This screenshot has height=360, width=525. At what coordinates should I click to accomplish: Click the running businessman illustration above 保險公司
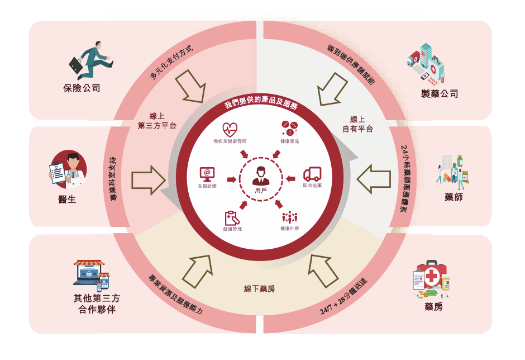tap(90, 60)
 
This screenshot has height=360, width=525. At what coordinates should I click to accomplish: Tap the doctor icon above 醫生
tap(68, 169)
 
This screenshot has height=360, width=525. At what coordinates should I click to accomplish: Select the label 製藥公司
tap(440, 93)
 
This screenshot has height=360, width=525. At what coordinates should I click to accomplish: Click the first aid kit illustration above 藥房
tap(431, 279)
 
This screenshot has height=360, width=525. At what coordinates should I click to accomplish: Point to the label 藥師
tap(454, 197)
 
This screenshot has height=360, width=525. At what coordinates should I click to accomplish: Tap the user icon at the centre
tap(261, 176)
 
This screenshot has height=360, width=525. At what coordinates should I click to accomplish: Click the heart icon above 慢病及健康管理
tap(230, 130)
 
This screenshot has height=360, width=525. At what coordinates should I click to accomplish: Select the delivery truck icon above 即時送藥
tap(312, 174)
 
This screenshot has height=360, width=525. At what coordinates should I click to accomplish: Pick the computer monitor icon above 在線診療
tap(207, 174)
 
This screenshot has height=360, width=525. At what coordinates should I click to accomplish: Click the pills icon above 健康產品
tap(289, 129)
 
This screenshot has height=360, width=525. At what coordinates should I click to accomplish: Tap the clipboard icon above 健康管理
tap(232, 218)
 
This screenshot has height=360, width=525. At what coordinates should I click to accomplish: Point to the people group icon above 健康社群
tap(290, 217)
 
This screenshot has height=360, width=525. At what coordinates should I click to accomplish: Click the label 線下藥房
tap(260, 288)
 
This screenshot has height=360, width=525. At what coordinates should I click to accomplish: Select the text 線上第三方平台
tap(157, 121)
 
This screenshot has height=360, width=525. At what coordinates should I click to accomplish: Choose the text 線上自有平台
tap(357, 124)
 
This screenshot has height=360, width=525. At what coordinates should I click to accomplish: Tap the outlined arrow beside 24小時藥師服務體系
tap(374, 179)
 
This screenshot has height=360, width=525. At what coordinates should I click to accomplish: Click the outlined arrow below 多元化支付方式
tap(190, 86)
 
